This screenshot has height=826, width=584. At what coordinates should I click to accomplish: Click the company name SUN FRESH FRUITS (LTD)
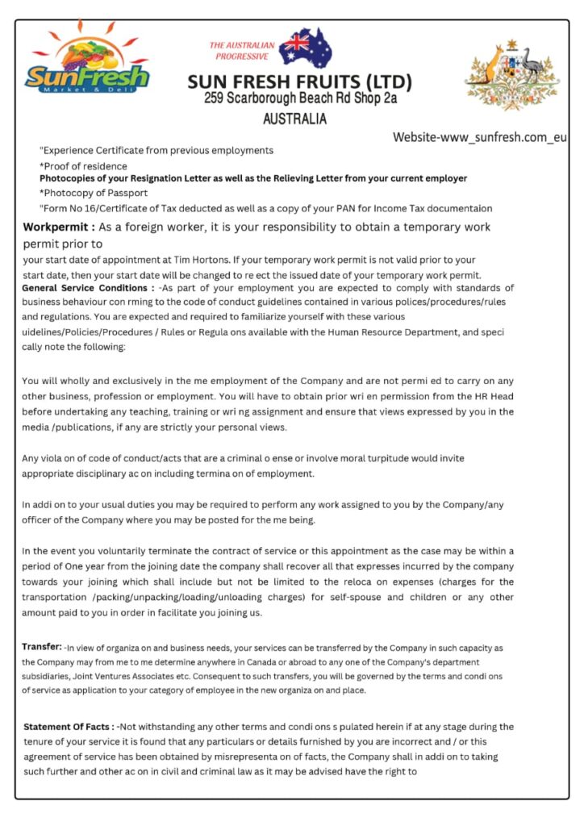(x=299, y=82)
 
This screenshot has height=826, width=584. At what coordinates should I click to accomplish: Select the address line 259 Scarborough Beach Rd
(x=300, y=99)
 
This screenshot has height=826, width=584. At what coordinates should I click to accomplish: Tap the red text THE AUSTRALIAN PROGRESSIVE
(x=242, y=51)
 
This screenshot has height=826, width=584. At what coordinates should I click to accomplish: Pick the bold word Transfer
(x=42, y=646)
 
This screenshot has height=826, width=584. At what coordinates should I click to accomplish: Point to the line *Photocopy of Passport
(x=94, y=193)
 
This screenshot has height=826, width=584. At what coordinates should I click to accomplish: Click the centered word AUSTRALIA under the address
(x=295, y=119)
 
